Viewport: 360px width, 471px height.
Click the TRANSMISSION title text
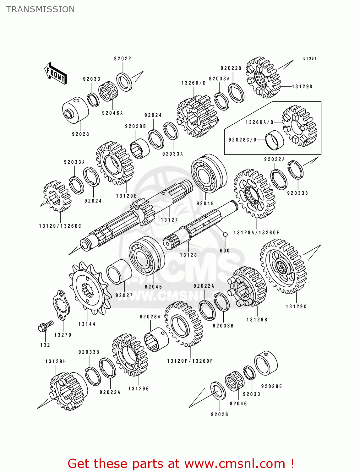(x=41, y=9)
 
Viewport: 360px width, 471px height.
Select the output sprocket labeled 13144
(x=89, y=289)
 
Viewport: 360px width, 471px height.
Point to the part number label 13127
(x=169, y=220)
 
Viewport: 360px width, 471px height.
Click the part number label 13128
(x=188, y=255)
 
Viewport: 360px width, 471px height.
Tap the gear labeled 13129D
(x=262, y=78)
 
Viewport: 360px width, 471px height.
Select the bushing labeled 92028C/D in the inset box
(x=274, y=140)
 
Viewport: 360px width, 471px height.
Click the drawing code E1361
(x=309, y=58)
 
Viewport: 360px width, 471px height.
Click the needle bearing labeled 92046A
(x=108, y=91)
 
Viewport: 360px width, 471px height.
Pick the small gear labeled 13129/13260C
(x=57, y=197)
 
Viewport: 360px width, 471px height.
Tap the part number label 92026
(x=220, y=414)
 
